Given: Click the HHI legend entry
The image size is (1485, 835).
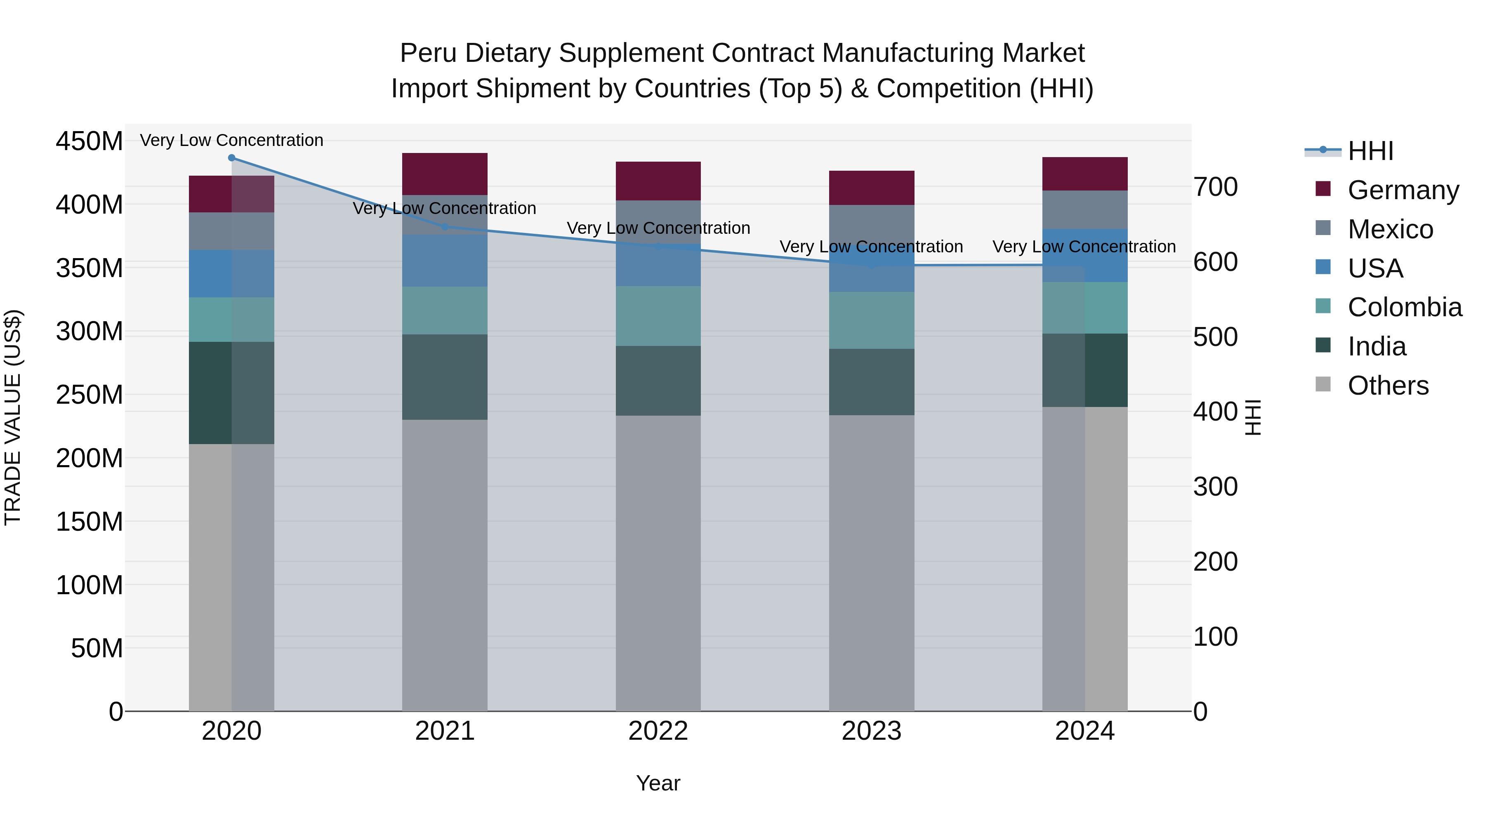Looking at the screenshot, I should pyautogui.click(x=1369, y=151).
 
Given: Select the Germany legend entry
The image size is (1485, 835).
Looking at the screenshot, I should pyautogui.click(x=1402, y=190).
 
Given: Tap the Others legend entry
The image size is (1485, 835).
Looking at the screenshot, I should pyautogui.click(x=1388, y=386).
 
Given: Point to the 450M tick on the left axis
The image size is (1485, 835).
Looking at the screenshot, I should pyautogui.click(x=90, y=141).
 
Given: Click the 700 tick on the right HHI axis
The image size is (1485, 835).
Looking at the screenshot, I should pyautogui.click(x=1215, y=187).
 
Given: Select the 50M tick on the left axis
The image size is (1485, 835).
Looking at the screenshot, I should pyautogui.click(x=97, y=648).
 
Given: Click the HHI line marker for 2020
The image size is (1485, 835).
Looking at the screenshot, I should pyautogui.click(x=232, y=158).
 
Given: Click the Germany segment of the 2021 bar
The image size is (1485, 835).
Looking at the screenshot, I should pyautogui.click(x=444, y=174).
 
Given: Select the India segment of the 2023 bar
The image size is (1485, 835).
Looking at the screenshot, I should pyautogui.click(x=871, y=382).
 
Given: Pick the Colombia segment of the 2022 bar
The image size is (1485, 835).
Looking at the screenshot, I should pyautogui.click(x=658, y=316).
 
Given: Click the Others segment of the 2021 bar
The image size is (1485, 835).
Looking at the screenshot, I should pyautogui.click(x=444, y=565).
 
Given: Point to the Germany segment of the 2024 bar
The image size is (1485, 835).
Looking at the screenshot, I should pyautogui.click(x=1084, y=174).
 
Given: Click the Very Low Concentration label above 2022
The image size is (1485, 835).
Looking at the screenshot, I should pyautogui.click(x=658, y=228).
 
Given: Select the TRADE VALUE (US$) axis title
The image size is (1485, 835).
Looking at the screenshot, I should pyautogui.click(x=13, y=417).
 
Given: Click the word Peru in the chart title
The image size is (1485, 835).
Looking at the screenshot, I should pyautogui.click(x=428, y=54).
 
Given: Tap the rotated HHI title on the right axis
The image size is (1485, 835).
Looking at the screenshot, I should pyautogui.click(x=1253, y=417).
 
